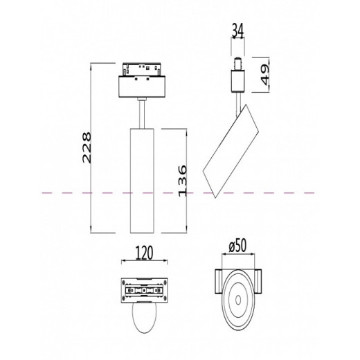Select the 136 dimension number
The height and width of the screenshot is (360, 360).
pyautogui.click(x=183, y=180)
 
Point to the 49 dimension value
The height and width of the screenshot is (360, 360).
pyautogui.click(x=264, y=71)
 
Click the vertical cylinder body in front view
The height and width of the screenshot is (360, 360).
pyautogui.click(x=141, y=180)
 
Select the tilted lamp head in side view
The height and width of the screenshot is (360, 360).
pyautogui.click(x=233, y=153)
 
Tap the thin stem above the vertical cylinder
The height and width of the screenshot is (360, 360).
pyautogui.click(x=142, y=114)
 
